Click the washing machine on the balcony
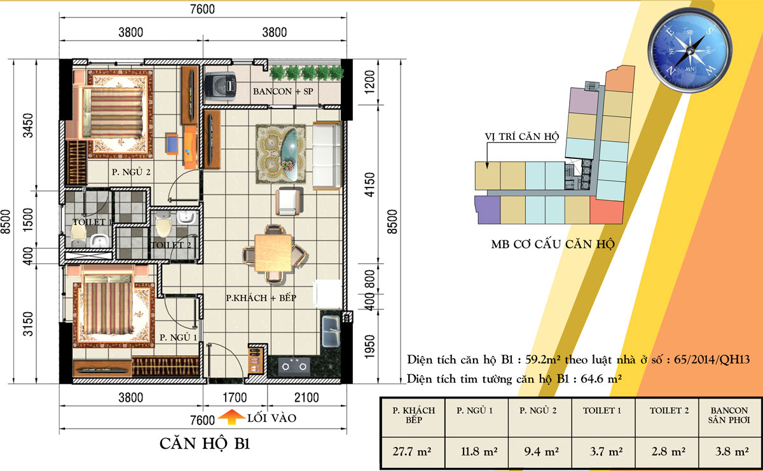tap(220, 85)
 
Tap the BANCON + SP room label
tap(283, 92)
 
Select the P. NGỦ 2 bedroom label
tap(131, 172)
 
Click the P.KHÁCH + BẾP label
tap(261, 298)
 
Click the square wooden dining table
tap(273, 252)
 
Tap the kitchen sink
tap(331, 331)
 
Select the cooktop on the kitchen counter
tap(294, 366)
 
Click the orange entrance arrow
tap(231, 417)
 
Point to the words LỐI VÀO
tap(272, 418)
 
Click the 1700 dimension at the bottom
tap(235, 397)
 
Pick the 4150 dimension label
tap(369, 184)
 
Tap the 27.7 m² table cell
tap(412, 451)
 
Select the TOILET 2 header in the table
tap(669, 411)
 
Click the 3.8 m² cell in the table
tap(732, 451)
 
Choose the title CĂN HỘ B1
tap(205, 444)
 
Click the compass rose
tap(690, 50)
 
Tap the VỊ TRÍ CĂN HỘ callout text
tap(522, 137)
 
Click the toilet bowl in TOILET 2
tap(163, 224)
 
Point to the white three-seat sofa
tap(327, 155)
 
